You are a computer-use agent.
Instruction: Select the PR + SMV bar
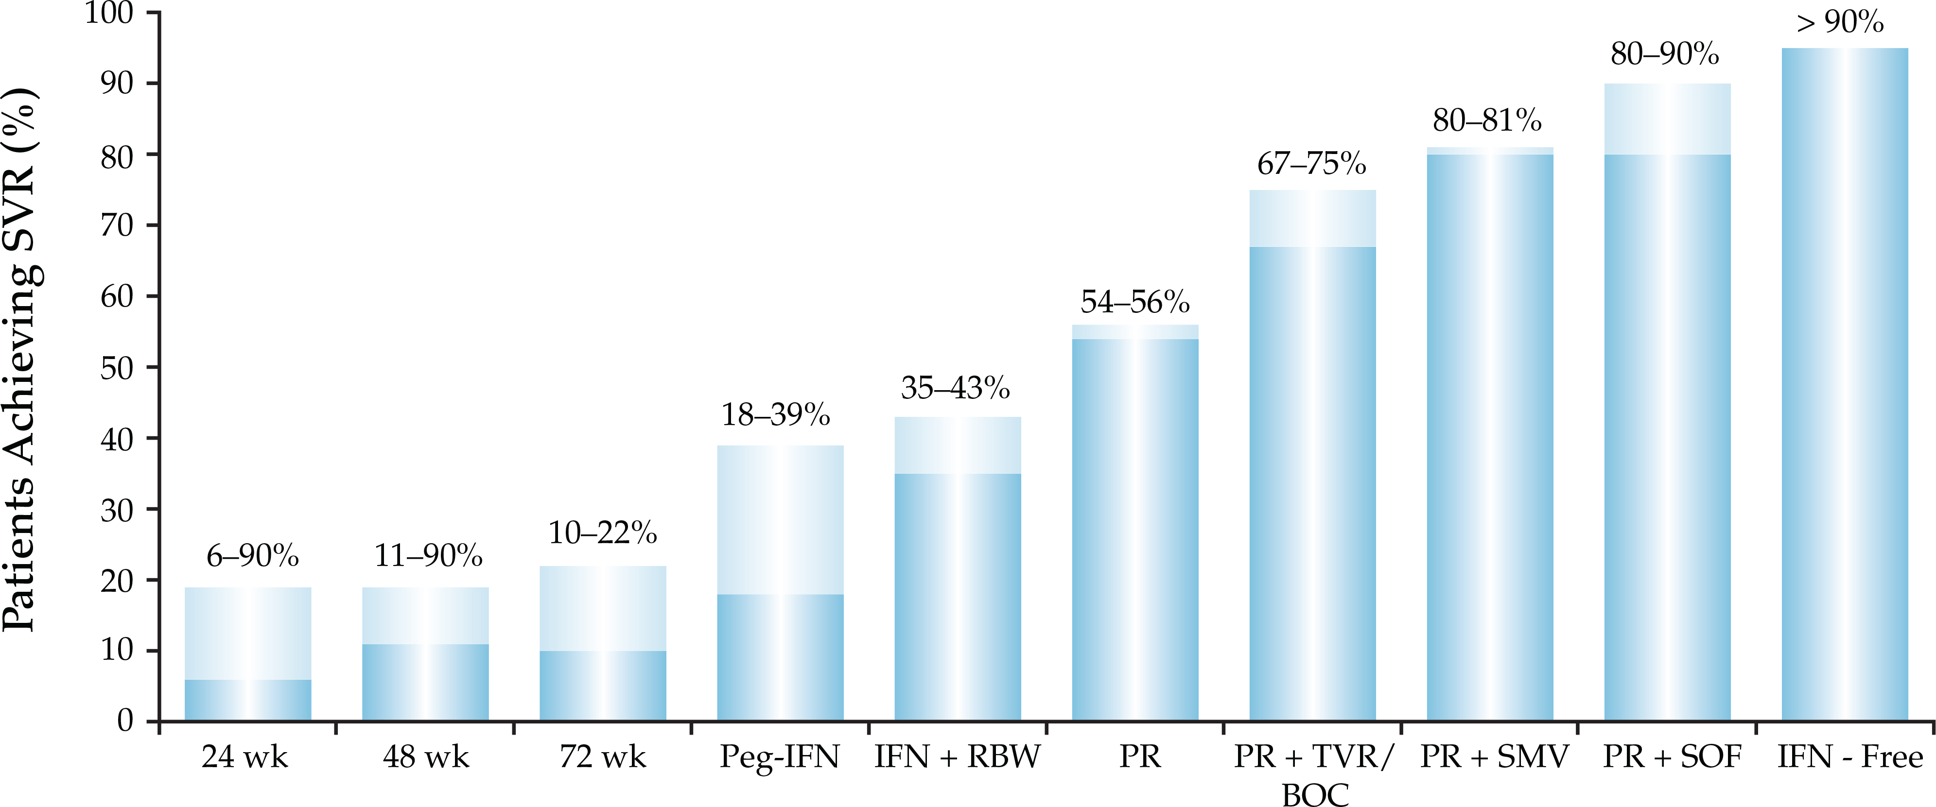[x=1490, y=436]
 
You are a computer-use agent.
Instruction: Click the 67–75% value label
[x=1311, y=164]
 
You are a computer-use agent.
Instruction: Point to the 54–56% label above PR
[x=1135, y=302]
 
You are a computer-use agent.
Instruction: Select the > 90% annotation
[x=1840, y=22]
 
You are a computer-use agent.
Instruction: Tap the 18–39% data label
[x=776, y=415]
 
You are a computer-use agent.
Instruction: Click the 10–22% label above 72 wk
[x=603, y=533]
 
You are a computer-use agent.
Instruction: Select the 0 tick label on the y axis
[x=125, y=721]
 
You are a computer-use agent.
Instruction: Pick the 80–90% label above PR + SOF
[x=1665, y=54]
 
